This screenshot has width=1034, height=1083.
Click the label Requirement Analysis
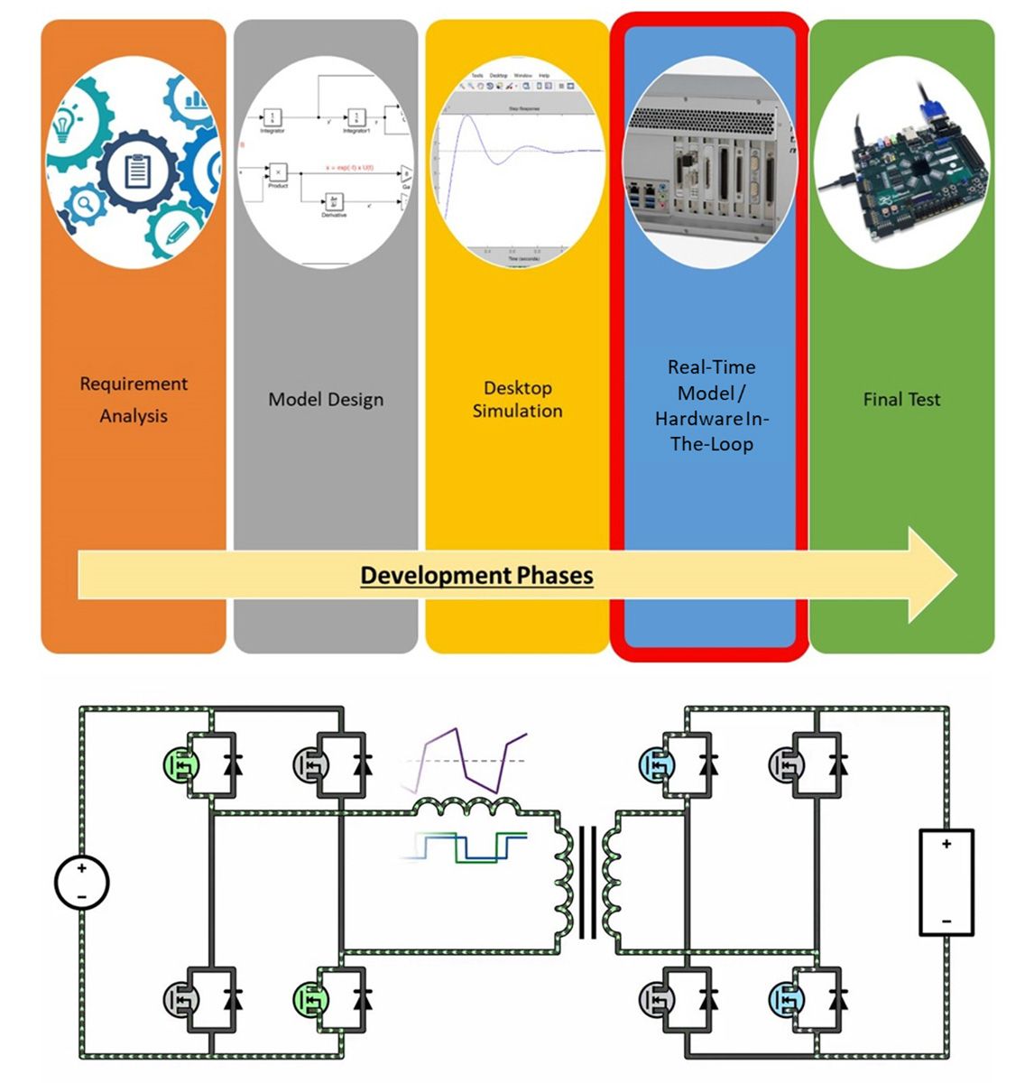click(x=134, y=399)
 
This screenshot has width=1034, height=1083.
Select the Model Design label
click(x=326, y=399)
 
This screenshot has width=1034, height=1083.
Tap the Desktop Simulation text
click(x=517, y=399)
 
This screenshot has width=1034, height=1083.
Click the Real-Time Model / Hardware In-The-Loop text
click(x=711, y=405)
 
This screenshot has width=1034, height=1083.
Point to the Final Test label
click(x=901, y=399)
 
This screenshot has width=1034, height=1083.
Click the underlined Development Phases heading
click(x=476, y=576)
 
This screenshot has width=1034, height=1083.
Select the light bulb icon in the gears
click(x=63, y=127)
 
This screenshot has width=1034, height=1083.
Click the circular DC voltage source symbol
click(x=81, y=882)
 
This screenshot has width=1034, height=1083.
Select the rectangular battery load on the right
click(x=946, y=882)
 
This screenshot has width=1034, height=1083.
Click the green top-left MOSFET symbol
click(x=181, y=765)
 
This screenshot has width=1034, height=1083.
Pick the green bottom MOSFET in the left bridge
click(x=311, y=1000)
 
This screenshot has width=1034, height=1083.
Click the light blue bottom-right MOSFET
click(x=787, y=1000)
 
